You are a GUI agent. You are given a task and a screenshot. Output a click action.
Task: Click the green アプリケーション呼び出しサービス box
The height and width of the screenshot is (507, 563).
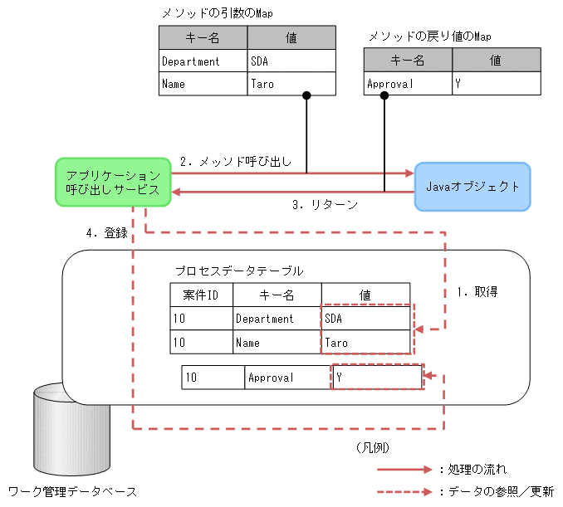point(112,183)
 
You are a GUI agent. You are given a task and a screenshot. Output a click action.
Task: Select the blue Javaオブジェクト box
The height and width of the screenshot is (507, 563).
point(472,186)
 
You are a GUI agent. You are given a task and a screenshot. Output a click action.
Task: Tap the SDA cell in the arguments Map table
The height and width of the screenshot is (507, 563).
point(291,61)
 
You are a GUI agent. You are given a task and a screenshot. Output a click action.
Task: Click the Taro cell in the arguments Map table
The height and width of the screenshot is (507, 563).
point(291,84)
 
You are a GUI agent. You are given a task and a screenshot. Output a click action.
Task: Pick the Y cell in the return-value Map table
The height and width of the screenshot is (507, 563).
point(497,84)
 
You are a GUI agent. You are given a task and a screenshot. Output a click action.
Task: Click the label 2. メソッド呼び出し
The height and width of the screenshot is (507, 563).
point(235,162)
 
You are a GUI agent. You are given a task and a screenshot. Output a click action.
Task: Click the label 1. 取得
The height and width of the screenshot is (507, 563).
point(477,292)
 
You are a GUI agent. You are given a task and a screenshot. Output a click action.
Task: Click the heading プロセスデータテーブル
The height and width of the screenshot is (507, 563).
point(238,271)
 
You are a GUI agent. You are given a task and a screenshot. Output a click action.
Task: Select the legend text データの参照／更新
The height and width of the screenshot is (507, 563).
point(501,491)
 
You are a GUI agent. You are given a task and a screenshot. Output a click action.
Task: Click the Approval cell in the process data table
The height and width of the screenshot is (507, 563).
point(287,378)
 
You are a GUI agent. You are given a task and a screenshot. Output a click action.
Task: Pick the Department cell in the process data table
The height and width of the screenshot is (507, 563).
point(277,319)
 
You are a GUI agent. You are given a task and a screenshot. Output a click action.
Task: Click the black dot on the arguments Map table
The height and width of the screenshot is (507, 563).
point(306,95)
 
